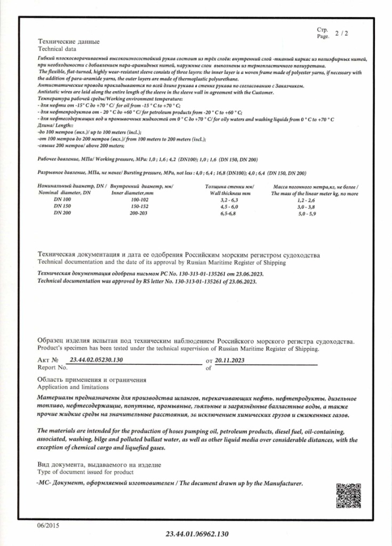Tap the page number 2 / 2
click(341, 34)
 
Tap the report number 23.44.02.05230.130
click(97, 360)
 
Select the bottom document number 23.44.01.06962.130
click(197, 533)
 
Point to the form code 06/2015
click(49, 525)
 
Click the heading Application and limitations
click(73, 387)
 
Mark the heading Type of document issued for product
click(85, 472)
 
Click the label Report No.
click(53, 367)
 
